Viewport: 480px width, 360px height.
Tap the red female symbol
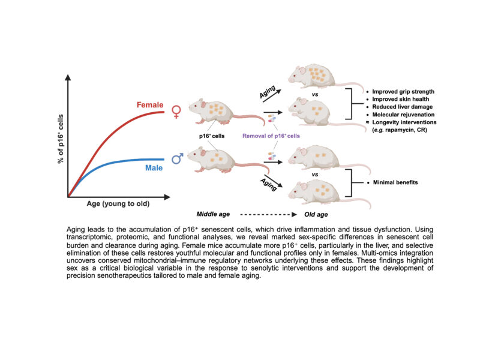[176, 111]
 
